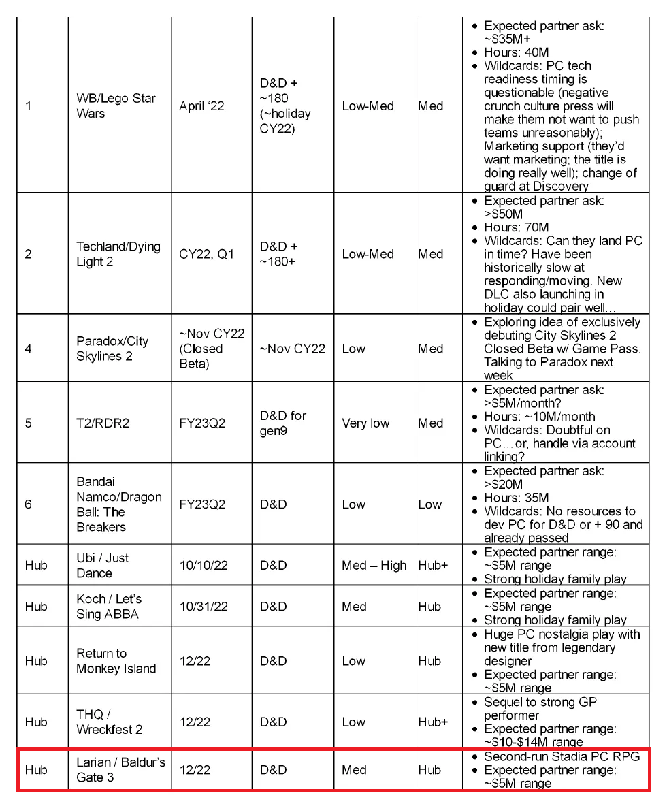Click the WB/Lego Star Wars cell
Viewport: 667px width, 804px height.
(x=116, y=106)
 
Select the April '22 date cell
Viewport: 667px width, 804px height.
(x=202, y=106)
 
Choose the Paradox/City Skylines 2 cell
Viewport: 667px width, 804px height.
(x=112, y=348)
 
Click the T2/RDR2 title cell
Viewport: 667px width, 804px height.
(x=103, y=423)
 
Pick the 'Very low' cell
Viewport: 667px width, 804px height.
(x=365, y=423)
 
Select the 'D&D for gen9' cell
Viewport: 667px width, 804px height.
(x=283, y=423)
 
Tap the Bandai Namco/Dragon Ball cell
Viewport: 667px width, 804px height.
(x=119, y=504)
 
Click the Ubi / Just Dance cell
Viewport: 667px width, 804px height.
(x=103, y=565)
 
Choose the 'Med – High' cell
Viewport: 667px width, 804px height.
(x=374, y=565)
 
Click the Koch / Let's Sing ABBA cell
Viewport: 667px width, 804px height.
(x=108, y=606)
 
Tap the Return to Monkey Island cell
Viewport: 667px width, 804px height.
(x=116, y=660)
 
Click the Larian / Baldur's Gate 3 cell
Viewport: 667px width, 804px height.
(x=120, y=769)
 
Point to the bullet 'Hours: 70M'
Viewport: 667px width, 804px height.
(x=516, y=227)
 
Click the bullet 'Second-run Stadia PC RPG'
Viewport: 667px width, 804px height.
(x=562, y=756)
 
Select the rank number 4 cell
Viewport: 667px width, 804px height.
(x=28, y=348)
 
